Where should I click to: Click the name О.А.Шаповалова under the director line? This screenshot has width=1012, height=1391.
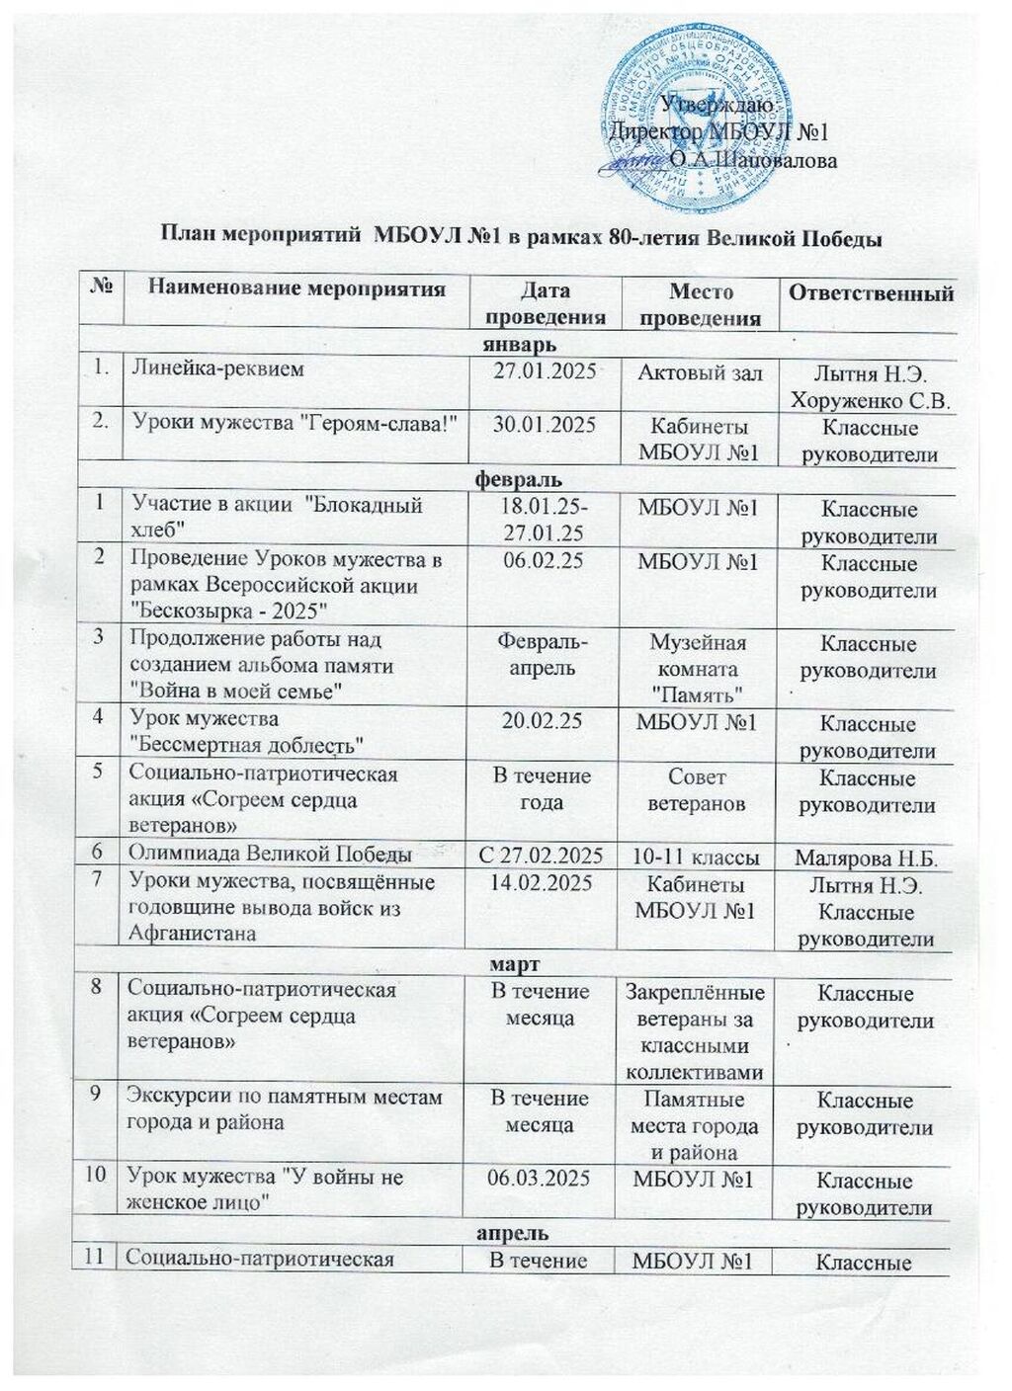753,159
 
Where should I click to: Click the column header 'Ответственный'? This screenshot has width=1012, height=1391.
870,293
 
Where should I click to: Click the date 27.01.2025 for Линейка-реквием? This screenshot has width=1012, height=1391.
545,371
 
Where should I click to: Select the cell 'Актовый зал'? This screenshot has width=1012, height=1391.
700,372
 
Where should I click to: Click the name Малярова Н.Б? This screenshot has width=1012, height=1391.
867,859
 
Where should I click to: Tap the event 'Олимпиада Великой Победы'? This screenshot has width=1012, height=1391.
271,855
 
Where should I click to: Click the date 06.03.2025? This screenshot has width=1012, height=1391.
541,1178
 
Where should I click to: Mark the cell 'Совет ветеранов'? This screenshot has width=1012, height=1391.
697,789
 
